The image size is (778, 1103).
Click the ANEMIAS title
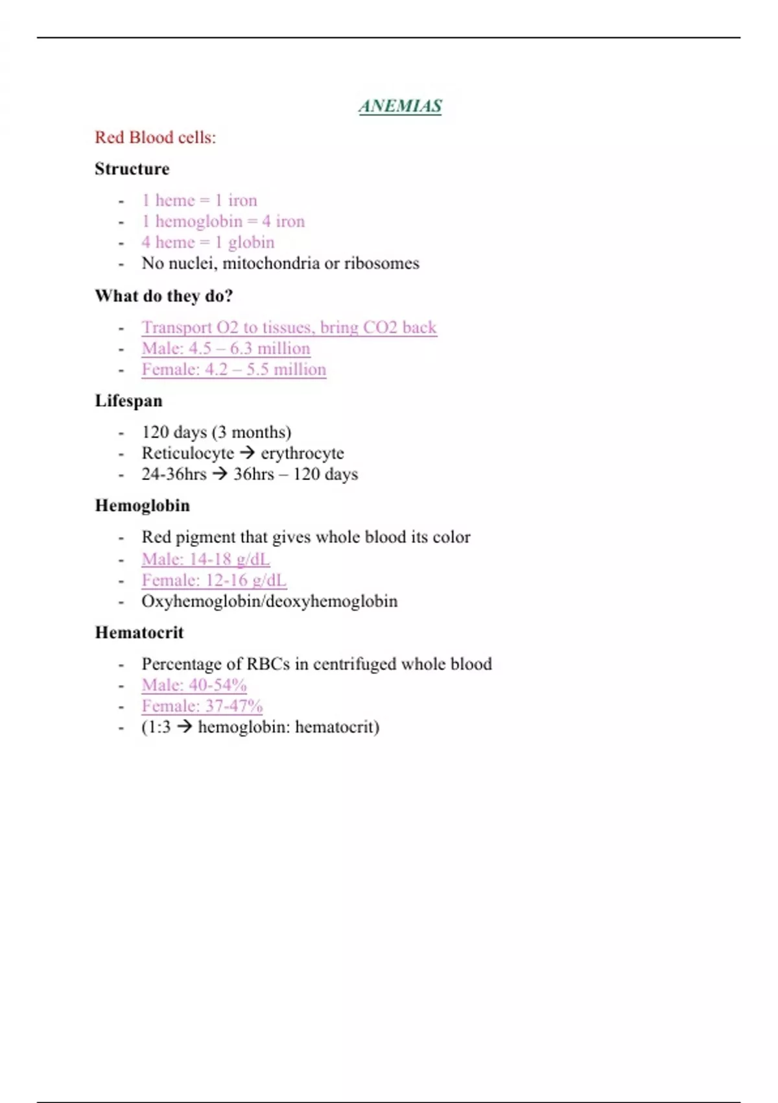tap(400, 106)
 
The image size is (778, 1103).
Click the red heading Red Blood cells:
tap(155, 138)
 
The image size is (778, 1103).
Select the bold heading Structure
tap(132, 169)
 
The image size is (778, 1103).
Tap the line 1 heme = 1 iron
tap(199, 200)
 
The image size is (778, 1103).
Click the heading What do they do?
tap(163, 296)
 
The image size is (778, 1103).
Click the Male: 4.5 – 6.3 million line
tap(226, 348)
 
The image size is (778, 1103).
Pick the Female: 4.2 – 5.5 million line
tap(233, 370)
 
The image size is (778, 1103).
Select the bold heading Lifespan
tap(128, 401)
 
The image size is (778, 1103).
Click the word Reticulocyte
tap(187, 453)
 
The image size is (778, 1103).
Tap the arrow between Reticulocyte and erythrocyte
tap(247, 453)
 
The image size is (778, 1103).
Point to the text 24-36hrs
tap(174, 474)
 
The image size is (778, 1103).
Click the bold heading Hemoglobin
tap(142, 505)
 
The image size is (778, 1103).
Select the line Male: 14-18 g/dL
tap(206, 559)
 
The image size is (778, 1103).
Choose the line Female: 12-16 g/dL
tap(213, 580)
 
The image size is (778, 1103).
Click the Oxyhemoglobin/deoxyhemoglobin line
tap(269, 601)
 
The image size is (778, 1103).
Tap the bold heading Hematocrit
tap(139, 633)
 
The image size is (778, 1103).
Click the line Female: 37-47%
tap(202, 706)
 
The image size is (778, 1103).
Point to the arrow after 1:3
tap(185, 727)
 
